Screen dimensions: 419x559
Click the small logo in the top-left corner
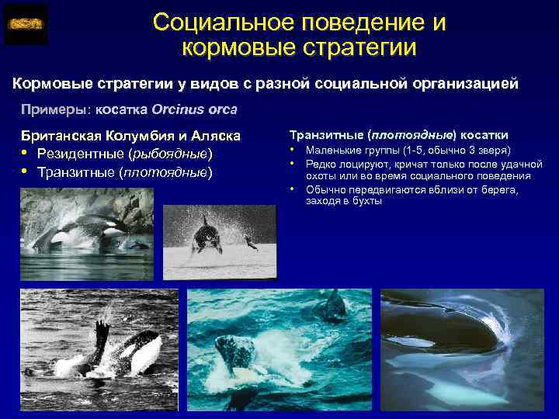(x=26, y=24)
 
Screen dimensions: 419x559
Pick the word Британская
(x=63, y=136)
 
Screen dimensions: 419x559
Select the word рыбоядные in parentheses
(x=172, y=154)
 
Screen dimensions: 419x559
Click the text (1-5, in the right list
(x=404, y=150)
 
